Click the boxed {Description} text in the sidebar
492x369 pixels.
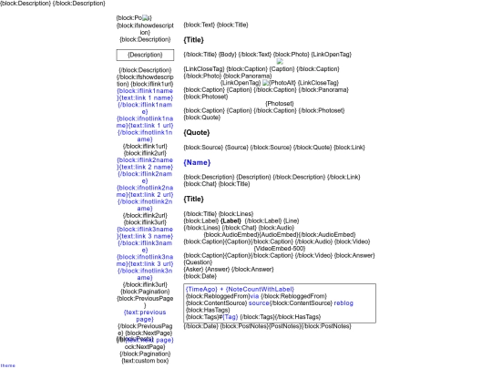tap(146, 55)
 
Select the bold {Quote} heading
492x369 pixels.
tap(199, 132)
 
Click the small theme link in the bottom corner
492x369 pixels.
tap(7, 364)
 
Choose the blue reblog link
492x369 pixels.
tap(343, 302)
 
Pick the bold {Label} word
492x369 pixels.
tap(231, 220)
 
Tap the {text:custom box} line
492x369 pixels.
tap(146, 361)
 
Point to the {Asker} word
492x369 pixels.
tap(195, 269)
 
